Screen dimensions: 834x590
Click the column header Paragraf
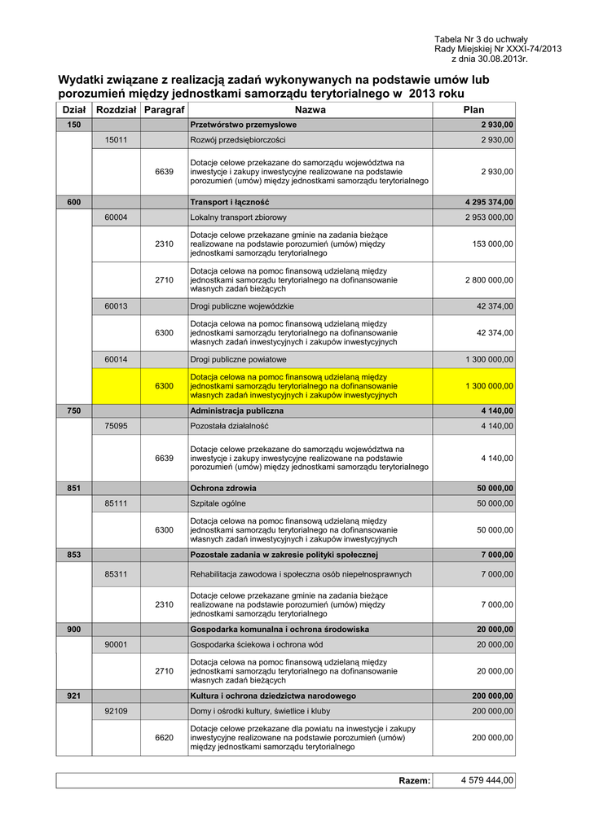pyautogui.click(x=164, y=109)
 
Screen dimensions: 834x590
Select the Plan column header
pyautogui.click(x=473, y=109)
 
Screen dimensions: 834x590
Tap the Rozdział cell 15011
pyautogui.click(x=116, y=140)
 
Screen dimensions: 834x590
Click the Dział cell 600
pyautogui.click(x=73, y=201)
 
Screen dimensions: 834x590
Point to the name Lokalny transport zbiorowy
pyautogui.click(x=238, y=217)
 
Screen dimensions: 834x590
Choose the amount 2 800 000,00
pyautogui.click(x=489, y=279)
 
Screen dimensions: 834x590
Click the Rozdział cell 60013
pyautogui.click(x=116, y=306)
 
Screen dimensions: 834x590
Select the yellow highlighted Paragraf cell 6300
pyautogui.click(x=164, y=385)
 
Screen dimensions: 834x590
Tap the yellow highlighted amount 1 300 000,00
pyautogui.click(x=489, y=385)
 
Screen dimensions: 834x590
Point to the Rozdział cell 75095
pyautogui.click(x=116, y=426)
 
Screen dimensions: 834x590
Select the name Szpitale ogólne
pyautogui.click(x=219, y=503)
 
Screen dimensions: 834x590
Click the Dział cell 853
pyautogui.click(x=73, y=555)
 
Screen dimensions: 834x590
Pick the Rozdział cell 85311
pyautogui.click(x=116, y=574)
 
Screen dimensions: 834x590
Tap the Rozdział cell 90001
pyautogui.click(x=116, y=644)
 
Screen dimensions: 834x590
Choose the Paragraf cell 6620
pyautogui.click(x=164, y=737)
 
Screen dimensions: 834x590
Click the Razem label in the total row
pyautogui.click(x=414, y=781)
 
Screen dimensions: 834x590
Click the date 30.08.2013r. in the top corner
pyautogui.click(x=492, y=59)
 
